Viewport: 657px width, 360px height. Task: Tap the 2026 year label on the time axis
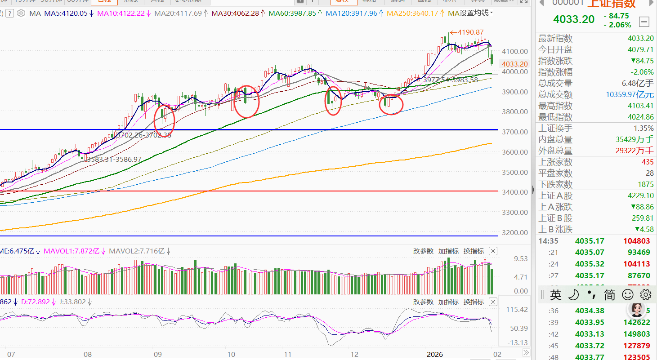click(x=434, y=354)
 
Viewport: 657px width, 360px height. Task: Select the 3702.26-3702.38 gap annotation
click(x=143, y=134)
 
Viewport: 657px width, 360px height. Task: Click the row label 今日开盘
click(x=555, y=49)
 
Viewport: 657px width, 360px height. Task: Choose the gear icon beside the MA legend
click(x=21, y=13)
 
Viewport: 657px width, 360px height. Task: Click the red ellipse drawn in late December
click(x=391, y=103)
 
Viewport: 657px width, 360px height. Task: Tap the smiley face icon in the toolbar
click(x=627, y=295)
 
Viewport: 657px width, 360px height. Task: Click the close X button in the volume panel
click(x=493, y=251)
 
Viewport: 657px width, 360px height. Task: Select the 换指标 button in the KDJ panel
click(x=474, y=302)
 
